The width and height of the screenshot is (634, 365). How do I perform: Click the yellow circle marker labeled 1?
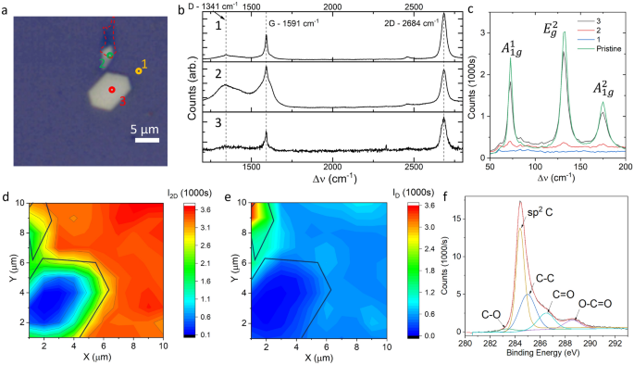coord(139,70)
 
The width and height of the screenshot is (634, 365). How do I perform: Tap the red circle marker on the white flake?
coord(111,90)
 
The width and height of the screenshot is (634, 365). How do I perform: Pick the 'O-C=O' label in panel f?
coord(593,301)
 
